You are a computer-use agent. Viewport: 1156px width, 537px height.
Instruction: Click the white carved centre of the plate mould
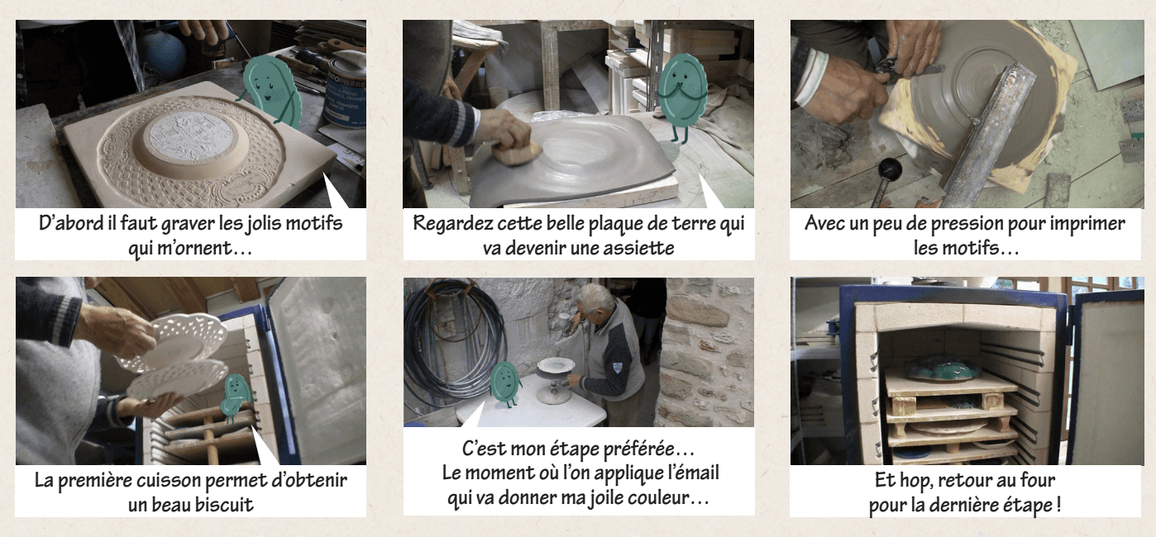(190, 135)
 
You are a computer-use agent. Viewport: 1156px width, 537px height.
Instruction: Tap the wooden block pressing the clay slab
(517, 153)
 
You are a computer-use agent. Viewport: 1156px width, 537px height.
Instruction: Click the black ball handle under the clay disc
(890, 169)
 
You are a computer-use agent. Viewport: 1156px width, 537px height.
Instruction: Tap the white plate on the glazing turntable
(555, 364)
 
